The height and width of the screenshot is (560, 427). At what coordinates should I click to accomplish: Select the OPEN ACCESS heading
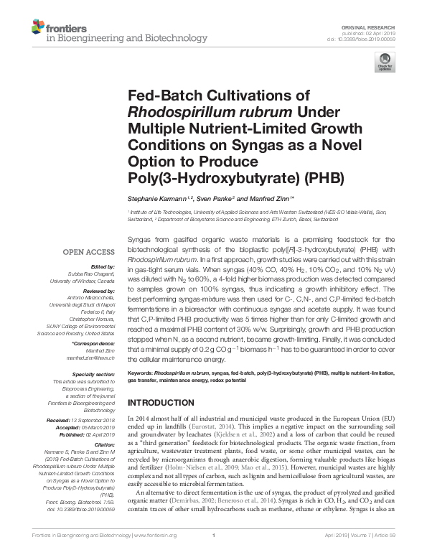88,253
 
